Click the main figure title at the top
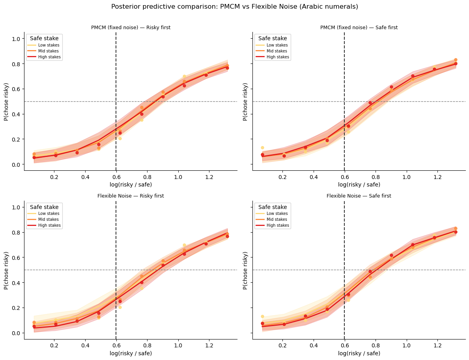tap(234, 7)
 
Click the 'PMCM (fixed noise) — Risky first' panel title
tap(131, 28)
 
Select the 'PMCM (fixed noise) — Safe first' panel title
tap(359, 28)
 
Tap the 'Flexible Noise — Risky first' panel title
tap(131, 196)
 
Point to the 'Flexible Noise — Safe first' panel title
tap(359, 196)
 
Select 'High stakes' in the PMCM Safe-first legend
tap(278, 57)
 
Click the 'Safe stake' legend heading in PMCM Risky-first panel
tap(44, 38)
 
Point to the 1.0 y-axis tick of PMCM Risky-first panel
tap(17, 39)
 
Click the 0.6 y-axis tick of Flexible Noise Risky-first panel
tap(17, 257)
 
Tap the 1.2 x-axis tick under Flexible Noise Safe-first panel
tap(437, 345)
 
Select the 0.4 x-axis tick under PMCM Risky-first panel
tap(85, 177)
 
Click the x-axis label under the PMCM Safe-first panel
tap(359, 185)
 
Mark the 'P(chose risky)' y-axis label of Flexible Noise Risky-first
tap(6, 270)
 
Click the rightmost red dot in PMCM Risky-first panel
tap(227, 68)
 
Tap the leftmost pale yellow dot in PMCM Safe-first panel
tap(262, 147)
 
